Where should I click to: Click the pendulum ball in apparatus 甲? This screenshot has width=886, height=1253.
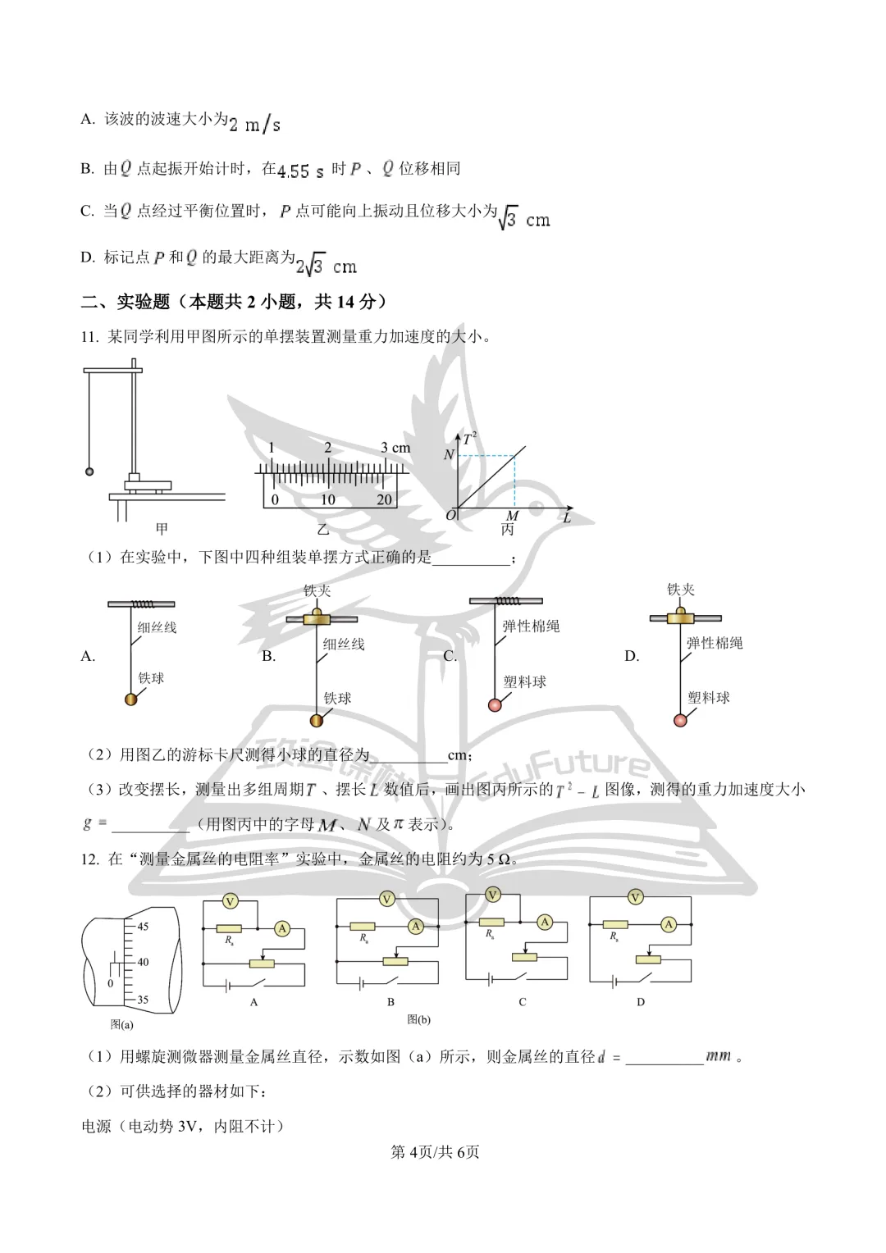coord(89,472)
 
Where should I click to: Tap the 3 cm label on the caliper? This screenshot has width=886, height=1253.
coord(395,448)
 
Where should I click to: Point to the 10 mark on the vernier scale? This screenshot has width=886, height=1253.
coord(327,499)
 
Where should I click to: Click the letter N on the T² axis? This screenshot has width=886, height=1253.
coord(449,455)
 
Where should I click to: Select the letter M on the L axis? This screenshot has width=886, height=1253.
coord(512,515)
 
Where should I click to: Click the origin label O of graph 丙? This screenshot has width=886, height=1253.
coord(450,515)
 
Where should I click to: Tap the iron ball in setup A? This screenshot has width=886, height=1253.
coord(131,699)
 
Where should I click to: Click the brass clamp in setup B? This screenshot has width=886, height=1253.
coord(317,617)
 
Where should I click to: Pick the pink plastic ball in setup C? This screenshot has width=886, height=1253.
coord(495,705)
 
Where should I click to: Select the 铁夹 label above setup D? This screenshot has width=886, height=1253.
coord(681,590)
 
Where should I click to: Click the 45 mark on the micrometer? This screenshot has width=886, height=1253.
coord(143,927)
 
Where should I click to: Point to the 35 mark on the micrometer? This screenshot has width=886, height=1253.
coord(143,1000)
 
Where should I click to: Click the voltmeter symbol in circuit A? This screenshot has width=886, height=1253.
coord(230,901)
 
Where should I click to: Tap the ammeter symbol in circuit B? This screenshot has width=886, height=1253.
coord(416,927)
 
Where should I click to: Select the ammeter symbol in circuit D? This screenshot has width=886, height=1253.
coord(669,925)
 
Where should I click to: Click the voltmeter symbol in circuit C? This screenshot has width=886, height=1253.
coord(492,895)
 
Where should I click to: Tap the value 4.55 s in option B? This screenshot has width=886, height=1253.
coord(300,171)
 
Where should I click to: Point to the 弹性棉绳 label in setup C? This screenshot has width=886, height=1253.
coord(531,626)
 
